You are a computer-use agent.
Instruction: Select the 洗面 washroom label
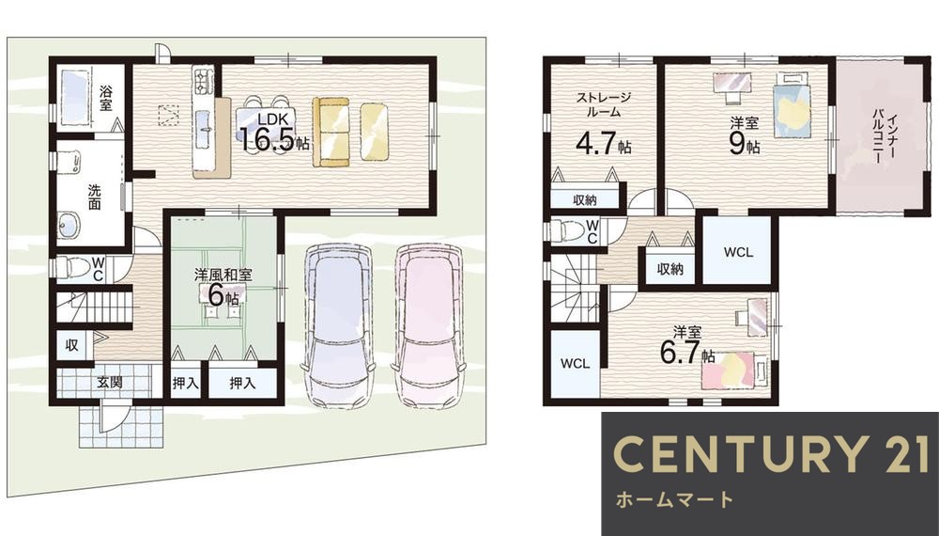(96, 196)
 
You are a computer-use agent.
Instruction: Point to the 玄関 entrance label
(110, 383)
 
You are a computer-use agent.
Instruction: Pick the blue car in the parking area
(337, 324)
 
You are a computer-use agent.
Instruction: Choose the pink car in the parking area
(428, 324)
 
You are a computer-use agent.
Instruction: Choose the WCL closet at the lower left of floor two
(574, 363)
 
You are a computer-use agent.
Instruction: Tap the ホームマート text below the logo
(671, 498)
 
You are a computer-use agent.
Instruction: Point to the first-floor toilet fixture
(72, 268)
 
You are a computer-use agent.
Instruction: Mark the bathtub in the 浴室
(73, 98)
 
